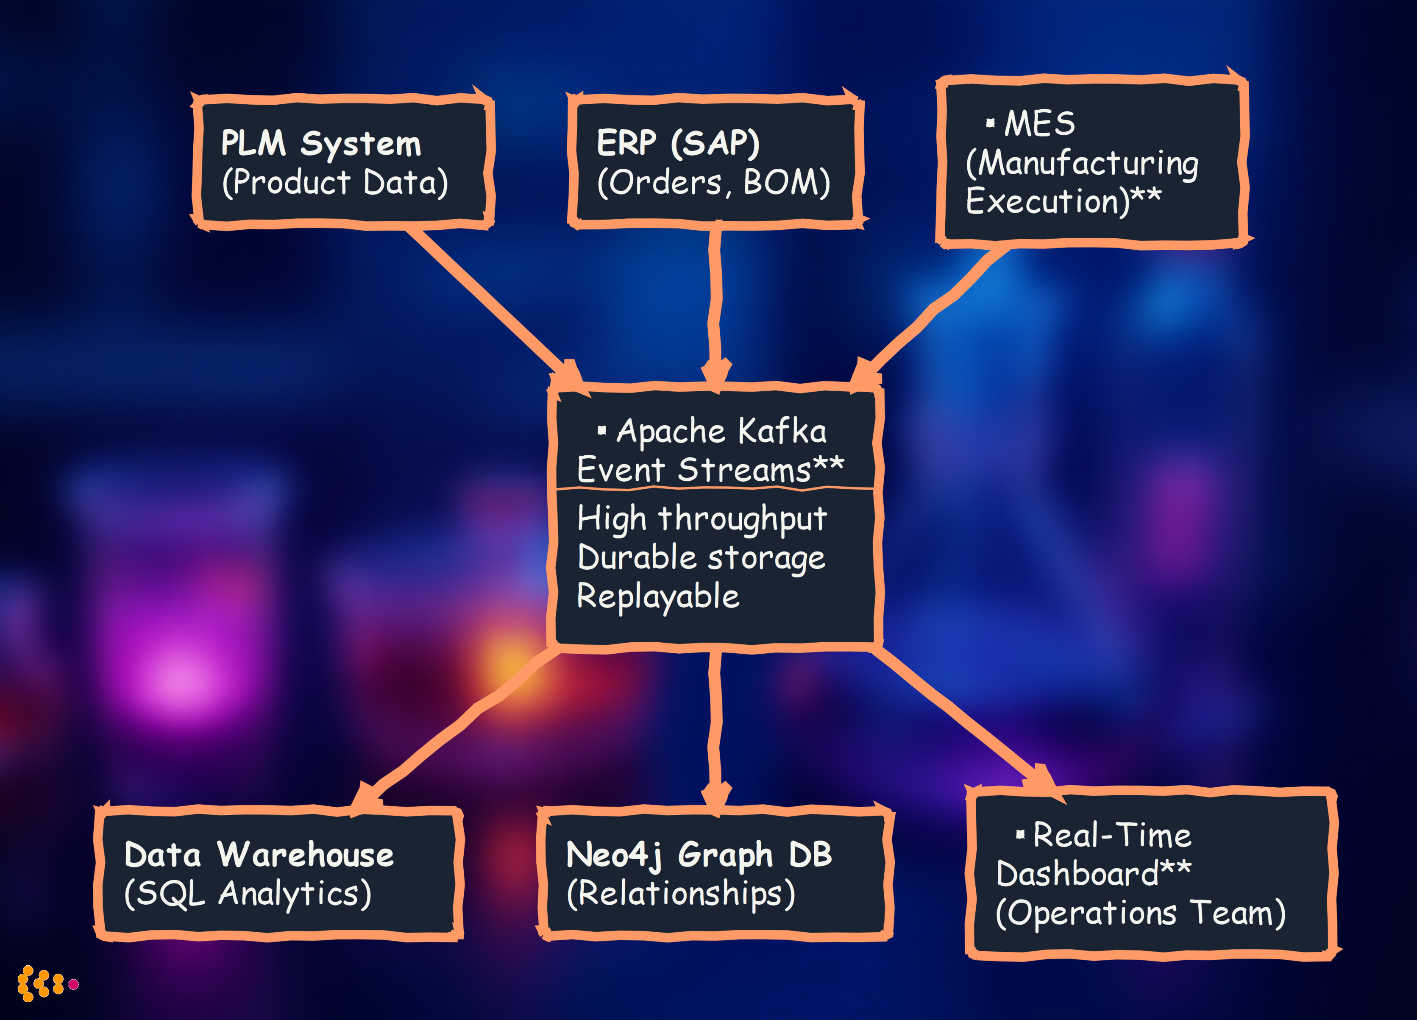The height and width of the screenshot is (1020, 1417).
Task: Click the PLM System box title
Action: point(321,144)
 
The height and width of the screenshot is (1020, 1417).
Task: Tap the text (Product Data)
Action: point(335,182)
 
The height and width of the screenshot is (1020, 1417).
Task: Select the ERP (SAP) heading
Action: point(678,143)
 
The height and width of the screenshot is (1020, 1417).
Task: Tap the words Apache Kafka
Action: point(721,431)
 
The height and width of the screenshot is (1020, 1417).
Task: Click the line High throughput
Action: point(702,519)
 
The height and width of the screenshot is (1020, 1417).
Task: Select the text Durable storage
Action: point(701,557)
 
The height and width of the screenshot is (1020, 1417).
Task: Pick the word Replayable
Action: point(658,596)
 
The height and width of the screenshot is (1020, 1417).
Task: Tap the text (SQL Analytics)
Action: point(248,894)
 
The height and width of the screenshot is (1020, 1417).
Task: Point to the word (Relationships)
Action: point(680,894)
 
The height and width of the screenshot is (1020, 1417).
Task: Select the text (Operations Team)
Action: point(1140,913)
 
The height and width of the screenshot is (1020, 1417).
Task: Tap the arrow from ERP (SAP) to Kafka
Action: point(715,300)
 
